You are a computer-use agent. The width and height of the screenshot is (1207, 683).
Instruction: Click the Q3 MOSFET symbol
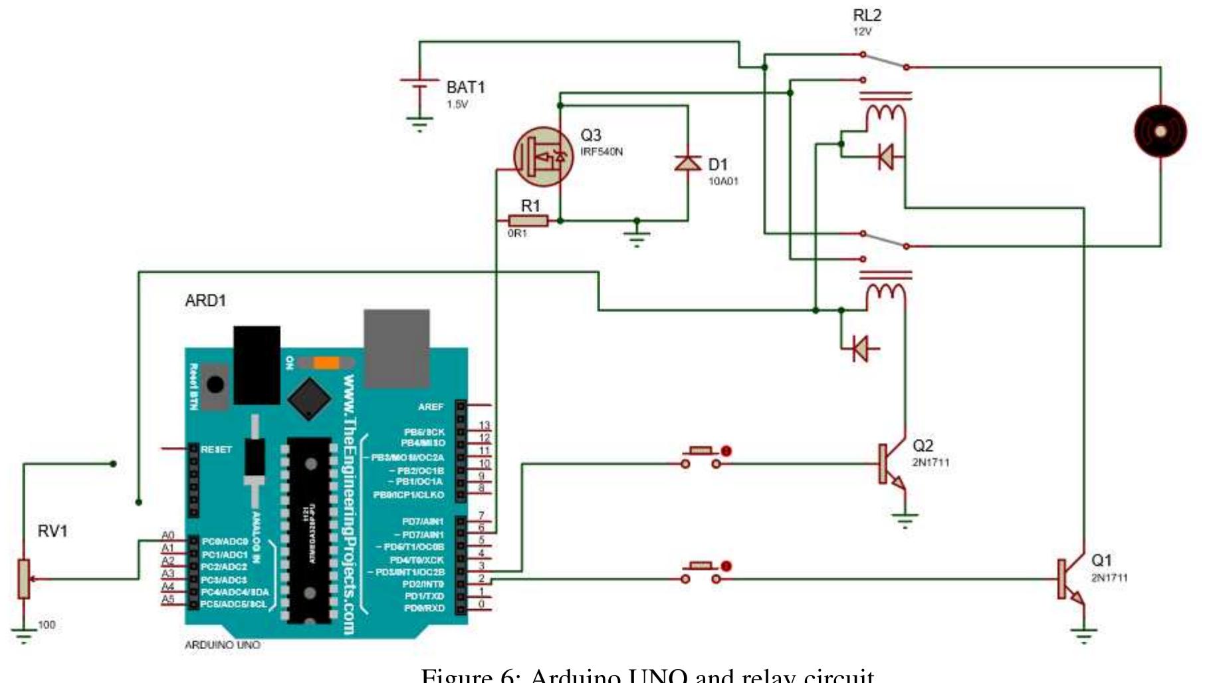(x=543, y=157)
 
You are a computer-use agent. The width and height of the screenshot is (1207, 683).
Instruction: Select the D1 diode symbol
(x=687, y=162)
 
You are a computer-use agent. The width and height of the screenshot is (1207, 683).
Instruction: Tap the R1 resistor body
(x=528, y=221)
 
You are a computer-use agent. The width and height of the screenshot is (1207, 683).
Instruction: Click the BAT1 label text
(x=465, y=87)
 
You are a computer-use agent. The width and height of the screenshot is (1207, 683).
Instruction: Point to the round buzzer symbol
(x=1160, y=131)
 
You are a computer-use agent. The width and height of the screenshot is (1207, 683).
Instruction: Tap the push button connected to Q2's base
(x=701, y=457)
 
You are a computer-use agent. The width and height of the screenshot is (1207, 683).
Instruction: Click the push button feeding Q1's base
(x=701, y=572)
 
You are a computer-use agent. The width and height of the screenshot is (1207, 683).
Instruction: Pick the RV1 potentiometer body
(x=23, y=579)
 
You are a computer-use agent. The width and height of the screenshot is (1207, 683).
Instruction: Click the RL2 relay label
(x=867, y=15)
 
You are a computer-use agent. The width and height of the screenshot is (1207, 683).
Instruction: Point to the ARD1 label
(x=205, y=301)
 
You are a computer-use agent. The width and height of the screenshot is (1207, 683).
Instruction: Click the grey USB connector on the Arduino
(x=396, y=347)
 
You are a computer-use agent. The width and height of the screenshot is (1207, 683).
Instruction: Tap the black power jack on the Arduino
(x=257, y=364)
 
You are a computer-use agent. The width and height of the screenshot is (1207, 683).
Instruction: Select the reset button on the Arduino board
(x=215, y=384)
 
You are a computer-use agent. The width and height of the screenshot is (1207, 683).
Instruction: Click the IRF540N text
(x=602, y=152)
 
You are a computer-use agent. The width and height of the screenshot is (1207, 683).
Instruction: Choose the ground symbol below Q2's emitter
(x=905, y=519)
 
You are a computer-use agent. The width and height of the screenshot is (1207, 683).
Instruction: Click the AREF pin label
(x=430, y=406)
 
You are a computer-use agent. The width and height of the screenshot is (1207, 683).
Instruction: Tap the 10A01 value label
(x=722, y=181)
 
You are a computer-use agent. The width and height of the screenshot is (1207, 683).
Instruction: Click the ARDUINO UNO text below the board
(x=222, y=644)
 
